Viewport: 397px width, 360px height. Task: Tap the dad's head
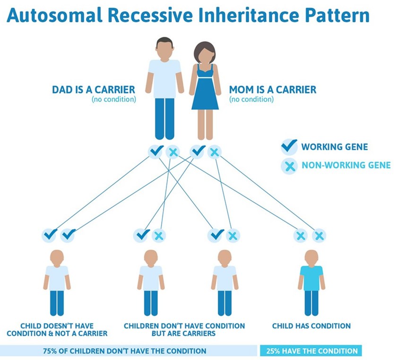(x=164, y=48)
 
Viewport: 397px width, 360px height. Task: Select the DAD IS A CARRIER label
(x=94, y=89)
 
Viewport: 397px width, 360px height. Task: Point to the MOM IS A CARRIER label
(x=273, y=89)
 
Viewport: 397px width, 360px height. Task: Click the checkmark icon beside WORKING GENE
(x=289, y=147)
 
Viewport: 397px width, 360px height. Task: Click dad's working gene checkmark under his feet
(x=155, y=151)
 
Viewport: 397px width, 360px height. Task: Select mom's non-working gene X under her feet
(x=214, y=152)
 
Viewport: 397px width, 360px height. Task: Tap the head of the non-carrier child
(x=57, y=257)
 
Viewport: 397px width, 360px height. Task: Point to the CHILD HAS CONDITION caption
(x=311, y=325)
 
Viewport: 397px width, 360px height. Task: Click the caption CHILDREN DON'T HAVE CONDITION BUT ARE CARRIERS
(x=184, y=329)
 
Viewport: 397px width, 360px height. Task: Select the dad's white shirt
(x=164, y=73)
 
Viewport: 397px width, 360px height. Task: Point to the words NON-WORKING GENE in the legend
(x=346, y=166)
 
